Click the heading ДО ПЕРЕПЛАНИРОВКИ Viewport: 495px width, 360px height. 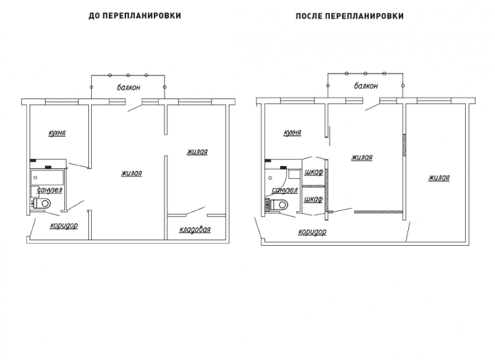[134, 16]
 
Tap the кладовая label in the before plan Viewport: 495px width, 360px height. [194, 230]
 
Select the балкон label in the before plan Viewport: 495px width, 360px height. [128, 87]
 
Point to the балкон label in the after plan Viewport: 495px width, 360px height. [365, 86]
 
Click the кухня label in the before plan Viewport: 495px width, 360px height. [57, 133]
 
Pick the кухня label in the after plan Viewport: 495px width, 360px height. [292, 133]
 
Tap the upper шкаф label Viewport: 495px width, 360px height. [313, 172]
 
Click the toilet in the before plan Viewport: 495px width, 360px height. [43, 205]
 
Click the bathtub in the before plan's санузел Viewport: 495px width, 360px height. [48, 177]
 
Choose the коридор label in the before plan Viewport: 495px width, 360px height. [63, 226]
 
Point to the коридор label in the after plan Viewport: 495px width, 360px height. [312, 232]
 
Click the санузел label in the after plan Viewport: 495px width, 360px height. [284, 190]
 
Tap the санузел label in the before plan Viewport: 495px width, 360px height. [49, 190]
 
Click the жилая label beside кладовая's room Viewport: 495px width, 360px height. [197, 152]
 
